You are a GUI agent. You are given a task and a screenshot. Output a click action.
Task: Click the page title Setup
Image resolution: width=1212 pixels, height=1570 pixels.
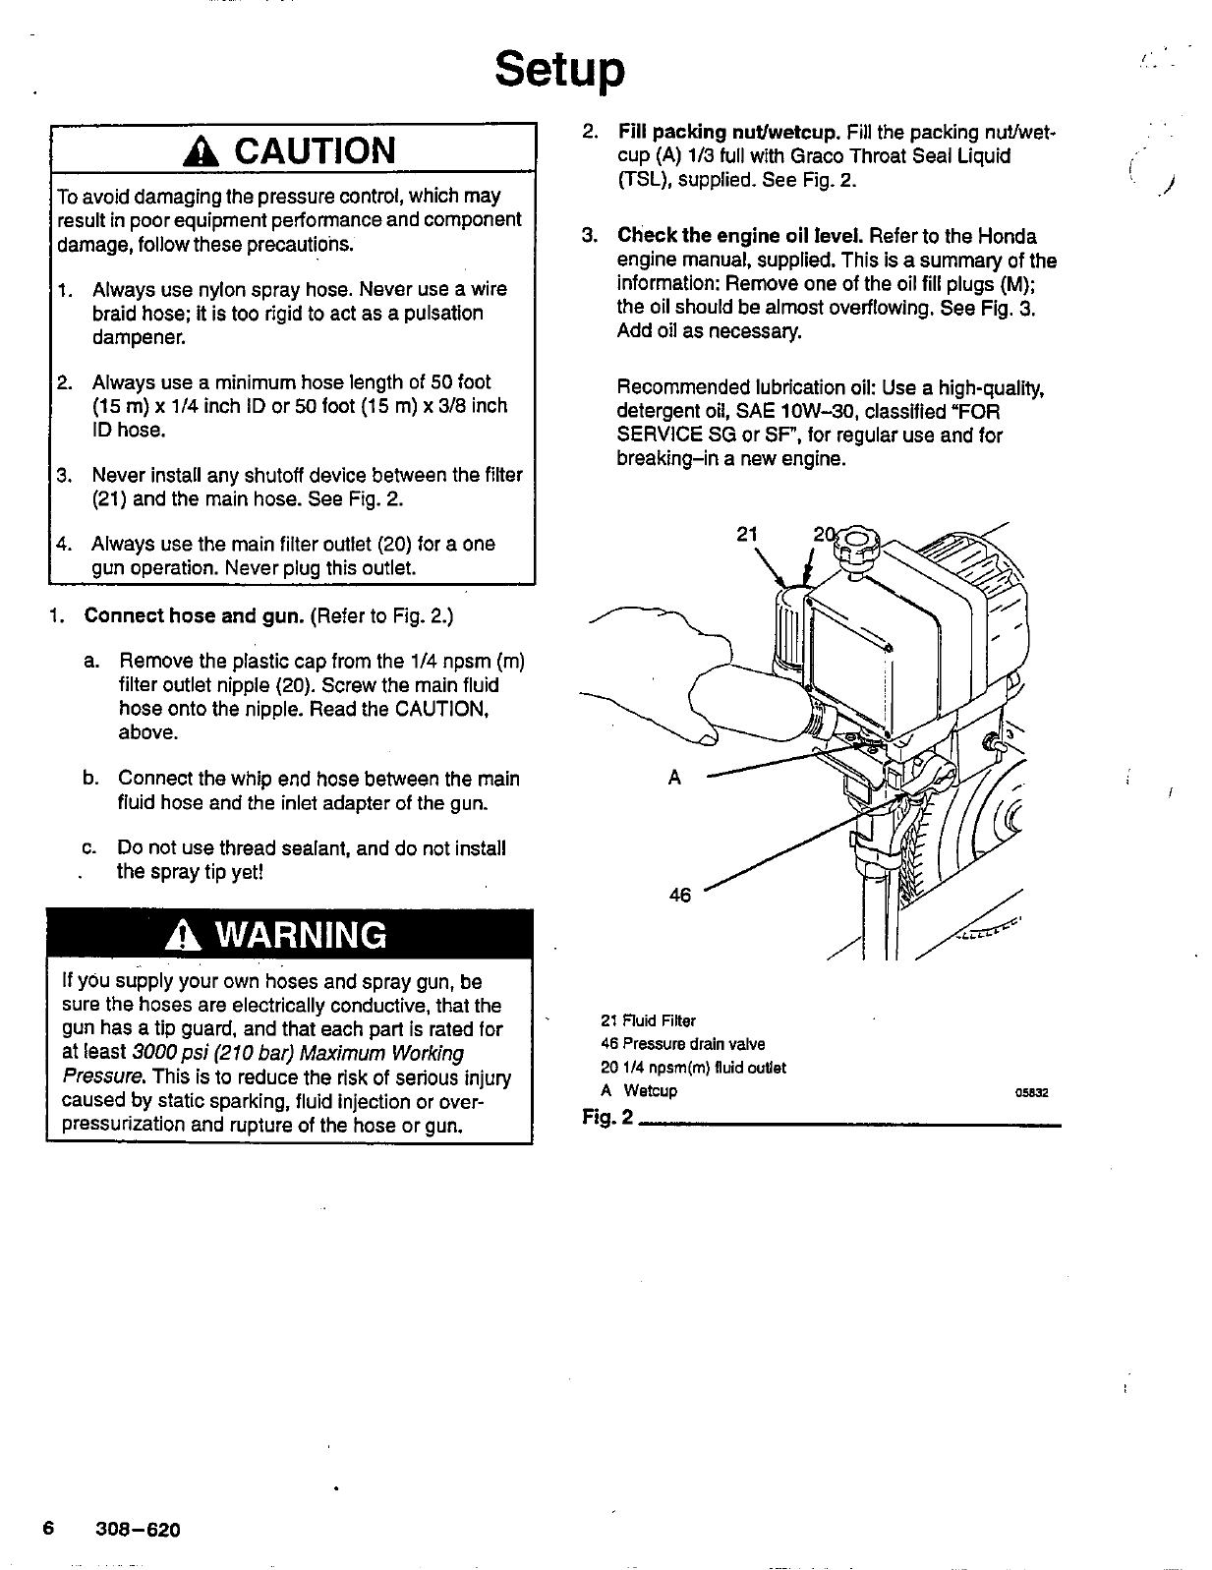(559, 70)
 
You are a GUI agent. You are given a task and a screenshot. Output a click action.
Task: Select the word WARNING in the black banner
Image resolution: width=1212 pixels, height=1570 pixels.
(302, 935)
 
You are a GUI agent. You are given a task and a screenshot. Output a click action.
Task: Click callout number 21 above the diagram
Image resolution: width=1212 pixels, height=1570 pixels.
(747, 534)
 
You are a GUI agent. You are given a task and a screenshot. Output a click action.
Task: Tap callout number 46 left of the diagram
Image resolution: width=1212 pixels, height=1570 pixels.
(680, 895)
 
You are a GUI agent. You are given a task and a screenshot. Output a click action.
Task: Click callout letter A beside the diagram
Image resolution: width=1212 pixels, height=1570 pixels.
(674, 778)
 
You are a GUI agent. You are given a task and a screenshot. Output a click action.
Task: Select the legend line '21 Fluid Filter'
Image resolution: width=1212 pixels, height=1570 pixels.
(648, 1020)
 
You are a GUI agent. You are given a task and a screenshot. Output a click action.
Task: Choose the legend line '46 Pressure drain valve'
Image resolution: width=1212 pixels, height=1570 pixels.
(682, 1044)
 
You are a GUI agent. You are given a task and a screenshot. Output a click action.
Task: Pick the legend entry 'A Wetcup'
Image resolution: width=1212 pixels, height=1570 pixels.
(639, 1091)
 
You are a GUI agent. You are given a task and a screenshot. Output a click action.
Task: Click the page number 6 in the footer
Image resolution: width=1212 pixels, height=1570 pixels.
(46, 1530)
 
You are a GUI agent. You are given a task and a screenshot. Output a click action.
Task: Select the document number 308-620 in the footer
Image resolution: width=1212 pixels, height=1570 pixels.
(139, 1531)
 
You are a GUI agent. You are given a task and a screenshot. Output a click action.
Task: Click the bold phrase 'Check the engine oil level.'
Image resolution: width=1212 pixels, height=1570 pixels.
(740, 237)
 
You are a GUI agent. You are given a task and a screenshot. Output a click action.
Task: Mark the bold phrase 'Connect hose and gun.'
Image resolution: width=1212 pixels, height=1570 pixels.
(194, 616)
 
